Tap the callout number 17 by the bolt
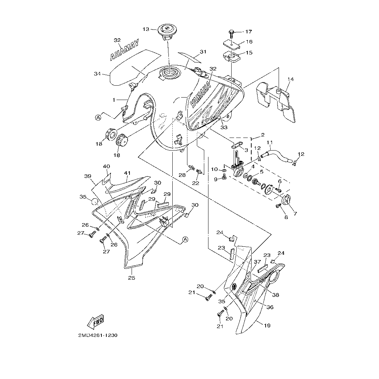point(248,32)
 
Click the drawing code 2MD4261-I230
point(98,335)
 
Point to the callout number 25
point(132,278)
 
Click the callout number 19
point(267,325)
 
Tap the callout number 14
point(291,79)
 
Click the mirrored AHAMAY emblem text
point(125,49)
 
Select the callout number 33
point(224,127)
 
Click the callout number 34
point(97,74)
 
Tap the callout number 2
point(263,135)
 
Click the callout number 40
point(106,166)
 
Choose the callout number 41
point(127,173)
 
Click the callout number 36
point(270,307)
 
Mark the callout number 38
point(275,295)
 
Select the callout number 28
point(182,175)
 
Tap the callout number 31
point(203,52)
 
